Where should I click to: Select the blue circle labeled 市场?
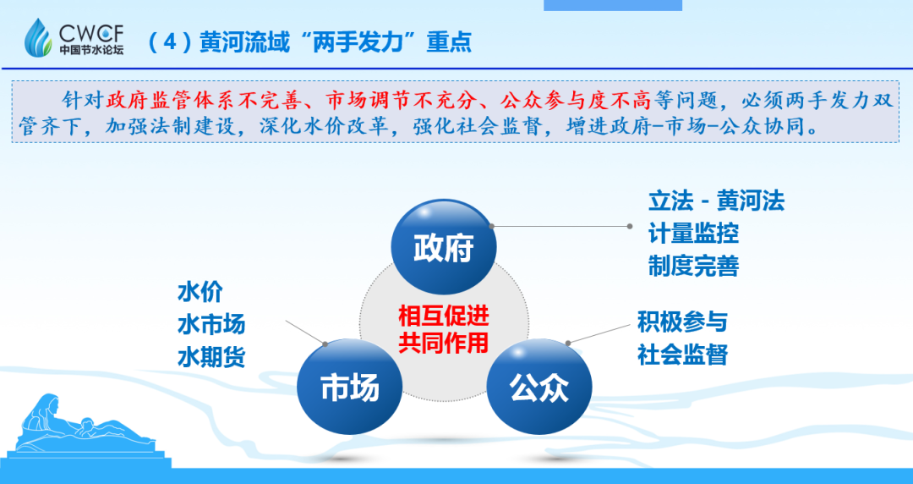point(349,388)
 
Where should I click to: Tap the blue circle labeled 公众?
point(539,388)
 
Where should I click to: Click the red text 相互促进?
point(444,316)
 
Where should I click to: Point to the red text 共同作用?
point(444,342)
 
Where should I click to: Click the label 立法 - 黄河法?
point(716,201)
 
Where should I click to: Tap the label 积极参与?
point(682,322)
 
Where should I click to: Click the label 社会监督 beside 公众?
point(682,354)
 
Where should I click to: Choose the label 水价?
point(200,292)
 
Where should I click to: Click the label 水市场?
point(211,324)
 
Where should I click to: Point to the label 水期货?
point(211,357)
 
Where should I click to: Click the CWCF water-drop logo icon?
point(39,37)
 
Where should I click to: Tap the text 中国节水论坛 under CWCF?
point(91,51)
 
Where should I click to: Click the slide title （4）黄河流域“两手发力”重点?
point(309,41)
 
